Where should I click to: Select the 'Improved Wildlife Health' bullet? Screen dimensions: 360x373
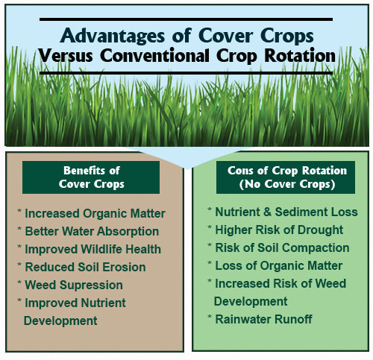pos(90,249)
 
